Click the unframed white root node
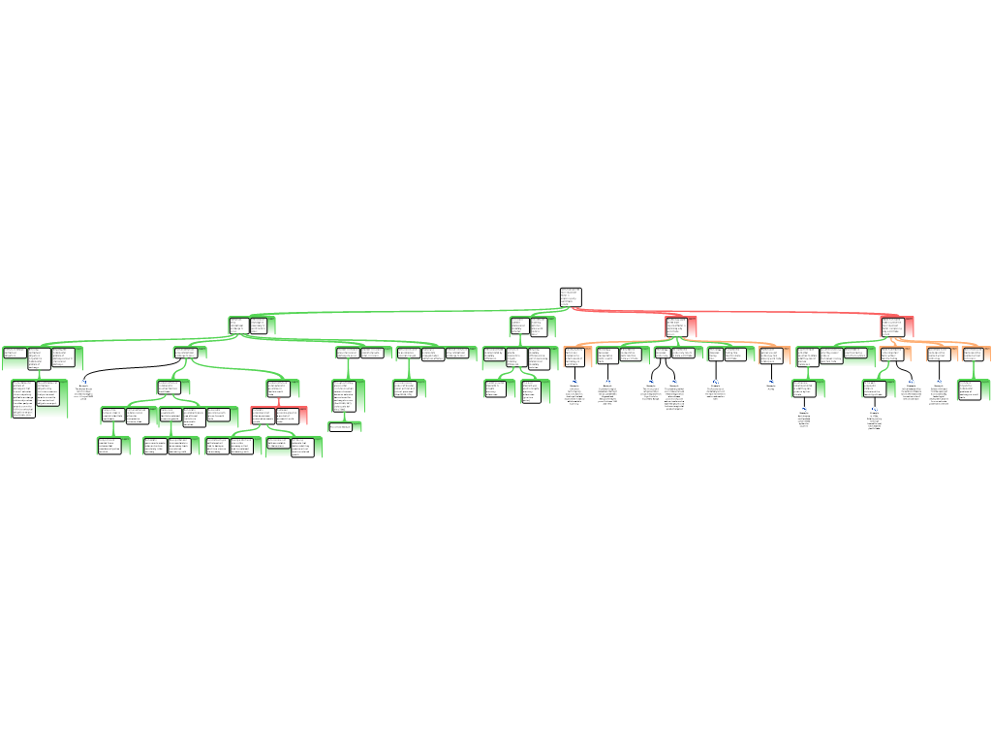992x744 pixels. pyautogui.click(x=571, y=296)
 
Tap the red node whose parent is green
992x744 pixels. pyautogui.click(x=279, y=416)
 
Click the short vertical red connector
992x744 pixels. pyautogui.click(x=279, y=401)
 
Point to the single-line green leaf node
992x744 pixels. pyautogui.click(x=345, y=426)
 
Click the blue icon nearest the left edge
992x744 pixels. pyautogui.click(x=83, y=382)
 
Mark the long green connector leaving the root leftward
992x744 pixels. pyautogui.click(x=407, y=312)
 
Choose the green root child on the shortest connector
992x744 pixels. pyautogui.click(x=534, y=326)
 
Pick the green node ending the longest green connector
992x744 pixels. pyautogui.click(x=252, y=325)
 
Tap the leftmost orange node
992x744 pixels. pyautogui.click(x=576, y=356)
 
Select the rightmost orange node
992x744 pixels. pyautogui.click(x=976, y=354)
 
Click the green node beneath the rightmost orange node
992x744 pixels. pyautogui.click(x=974, y=389)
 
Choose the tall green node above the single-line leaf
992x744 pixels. pyautogui.click(x=348, y=396)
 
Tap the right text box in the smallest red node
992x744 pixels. pyautogui.click(x=290, y=416)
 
